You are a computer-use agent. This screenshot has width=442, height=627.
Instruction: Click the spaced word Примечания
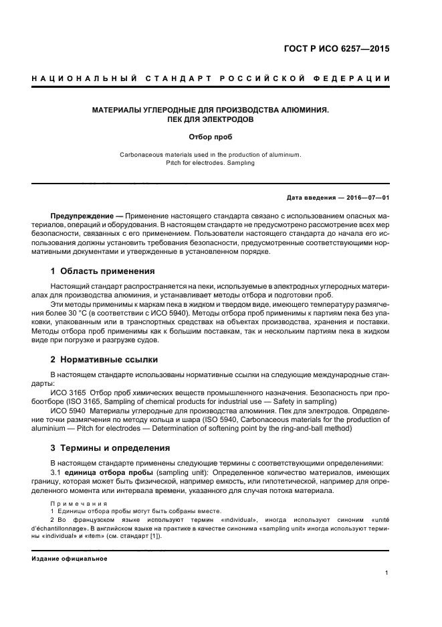click(79, 502)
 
